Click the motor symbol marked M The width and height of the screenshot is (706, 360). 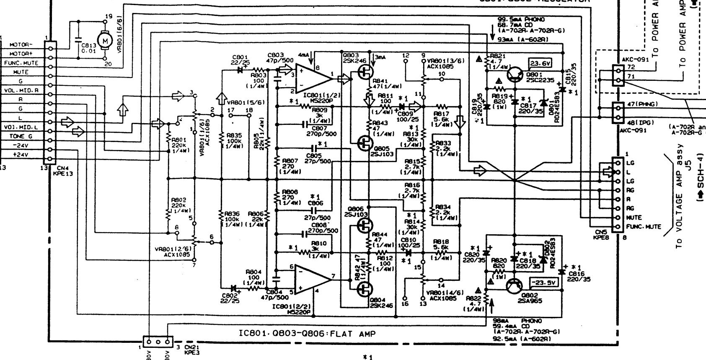(105, 41)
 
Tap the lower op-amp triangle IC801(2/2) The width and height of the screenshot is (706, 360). (312, 279)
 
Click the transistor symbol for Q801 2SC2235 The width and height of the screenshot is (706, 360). (515, 75)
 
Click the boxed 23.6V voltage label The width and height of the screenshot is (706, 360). (540, 64)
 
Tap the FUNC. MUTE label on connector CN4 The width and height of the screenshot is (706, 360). (21, 63)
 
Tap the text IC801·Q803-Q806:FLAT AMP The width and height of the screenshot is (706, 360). (307, 334)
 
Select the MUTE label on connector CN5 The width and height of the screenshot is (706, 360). (634, 218)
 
